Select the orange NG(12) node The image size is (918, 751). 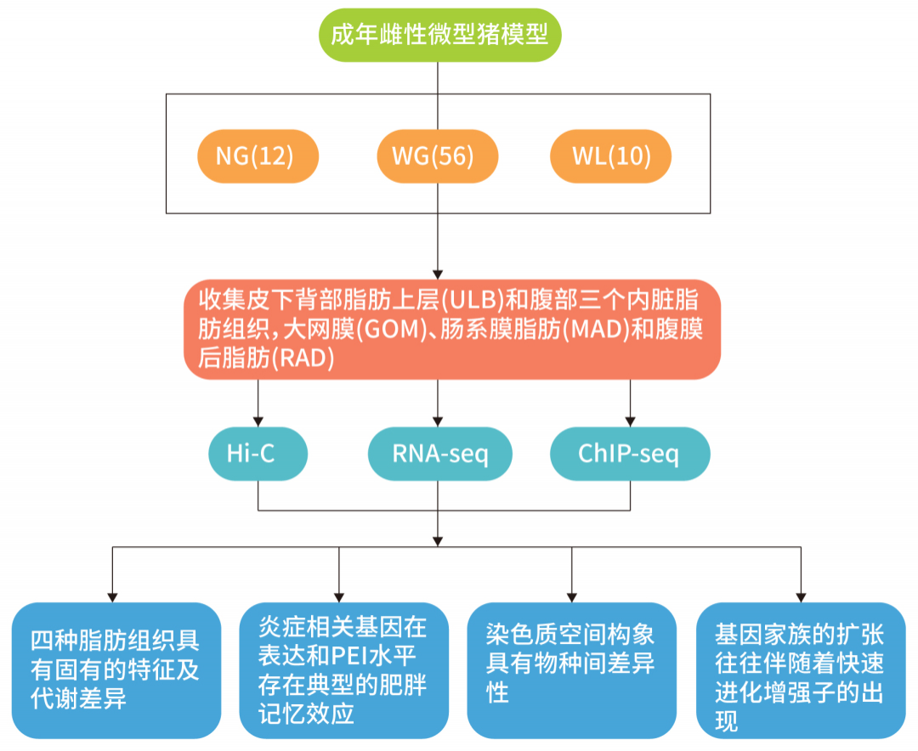tap(258, 156)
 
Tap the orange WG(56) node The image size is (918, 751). tap(438, 156)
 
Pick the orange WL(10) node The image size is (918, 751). tap(610, 156)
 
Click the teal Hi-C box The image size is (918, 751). tap(258, 455)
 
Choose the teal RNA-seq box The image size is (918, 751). tap(439, 455)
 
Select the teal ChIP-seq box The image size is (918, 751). tap(629, 455)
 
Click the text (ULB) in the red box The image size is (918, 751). tap(472, 301)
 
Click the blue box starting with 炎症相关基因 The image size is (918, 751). tap(343, 669)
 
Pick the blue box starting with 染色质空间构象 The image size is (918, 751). tap(571, 669)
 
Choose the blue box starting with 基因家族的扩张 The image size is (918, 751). tap(801, 669)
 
